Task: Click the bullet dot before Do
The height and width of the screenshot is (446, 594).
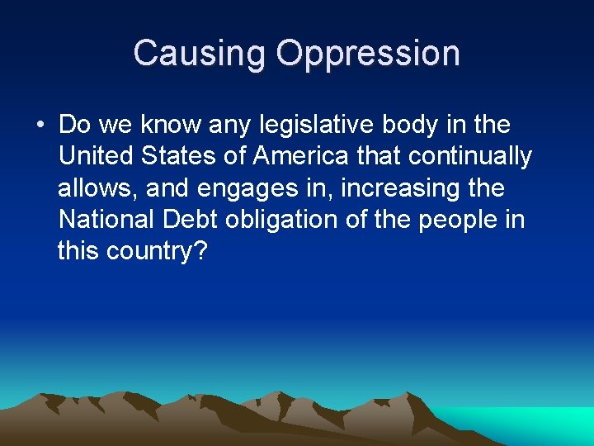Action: tap(40, 126)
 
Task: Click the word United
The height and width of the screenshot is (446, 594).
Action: tap(97, 157)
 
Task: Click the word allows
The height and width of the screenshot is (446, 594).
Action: tap(97, 188)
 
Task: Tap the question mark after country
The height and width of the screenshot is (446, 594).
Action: tap(198, 251)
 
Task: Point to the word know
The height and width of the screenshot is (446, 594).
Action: tap(167, 126)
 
